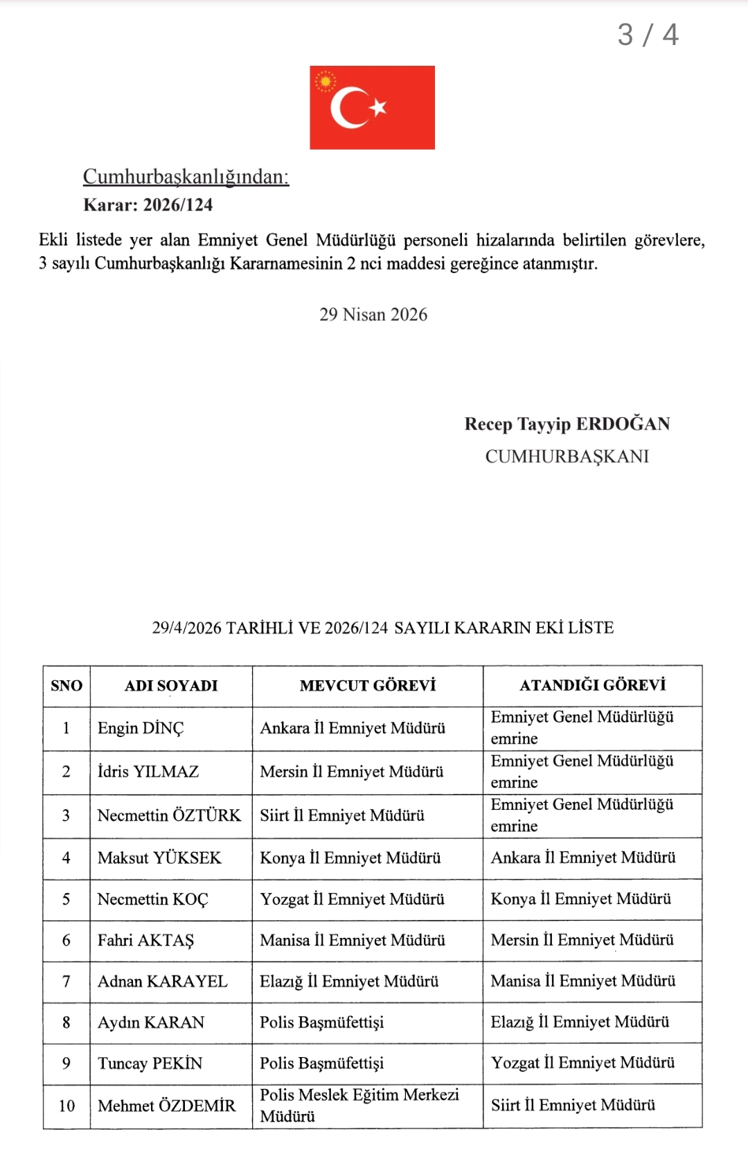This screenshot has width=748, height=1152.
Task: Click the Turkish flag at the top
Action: [x=372, y=107]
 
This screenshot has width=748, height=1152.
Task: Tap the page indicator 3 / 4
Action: [x=648, y=35]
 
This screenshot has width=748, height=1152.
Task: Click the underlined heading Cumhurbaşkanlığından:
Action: [x=186, y=177]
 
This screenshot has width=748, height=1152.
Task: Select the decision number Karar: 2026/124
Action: [x=148, y=205]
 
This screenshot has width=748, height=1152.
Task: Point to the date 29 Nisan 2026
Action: [x=373, y=314]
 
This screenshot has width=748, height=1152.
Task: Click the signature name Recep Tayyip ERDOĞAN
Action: [x=567, y=424]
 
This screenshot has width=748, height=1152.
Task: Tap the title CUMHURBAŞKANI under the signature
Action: [x=567, y=457]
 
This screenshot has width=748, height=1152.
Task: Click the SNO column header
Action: [x=66, y=686]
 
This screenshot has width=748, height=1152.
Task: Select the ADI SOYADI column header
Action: [x=171, y=686]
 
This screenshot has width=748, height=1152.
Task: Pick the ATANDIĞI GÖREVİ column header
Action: [x=592, y=685]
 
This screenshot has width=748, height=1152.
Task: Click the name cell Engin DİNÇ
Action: [x=141, y=728]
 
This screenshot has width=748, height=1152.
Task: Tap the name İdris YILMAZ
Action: [x=148, y=772]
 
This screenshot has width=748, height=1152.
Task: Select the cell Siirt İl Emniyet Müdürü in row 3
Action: [x=342, y=815]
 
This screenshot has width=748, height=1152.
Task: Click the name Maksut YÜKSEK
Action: [x=159, y=858]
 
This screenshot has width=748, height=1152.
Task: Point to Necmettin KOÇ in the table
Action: [x=152, y=899]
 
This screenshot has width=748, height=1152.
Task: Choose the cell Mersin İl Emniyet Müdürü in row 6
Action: [x=582, y=940]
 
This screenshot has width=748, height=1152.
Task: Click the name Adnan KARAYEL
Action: [x=162, y=982]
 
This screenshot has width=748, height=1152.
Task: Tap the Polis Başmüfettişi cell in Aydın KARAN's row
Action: [x=321, y=1022]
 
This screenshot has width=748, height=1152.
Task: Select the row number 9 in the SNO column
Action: [x=66, y=1063]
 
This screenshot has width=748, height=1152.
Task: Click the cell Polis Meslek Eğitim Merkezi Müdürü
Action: [x=359, y=1105]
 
